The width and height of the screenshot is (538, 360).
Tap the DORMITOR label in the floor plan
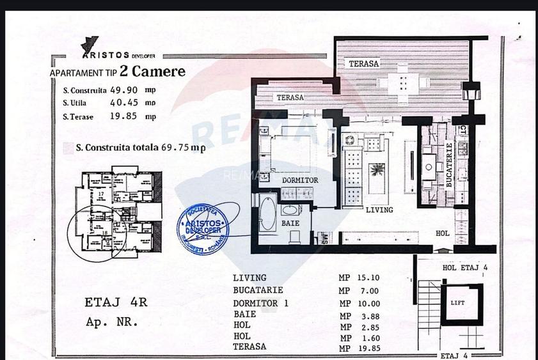point(300,180)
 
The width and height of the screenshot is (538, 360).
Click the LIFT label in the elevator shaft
point(457,303)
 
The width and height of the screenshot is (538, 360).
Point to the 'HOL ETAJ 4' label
point(465,267)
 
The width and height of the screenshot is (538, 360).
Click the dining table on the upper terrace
point(402,82)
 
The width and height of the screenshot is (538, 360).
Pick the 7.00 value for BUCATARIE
point(370,290)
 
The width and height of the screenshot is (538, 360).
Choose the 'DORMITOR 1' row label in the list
point(260,302)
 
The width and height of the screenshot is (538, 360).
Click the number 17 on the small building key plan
point(100,192)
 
